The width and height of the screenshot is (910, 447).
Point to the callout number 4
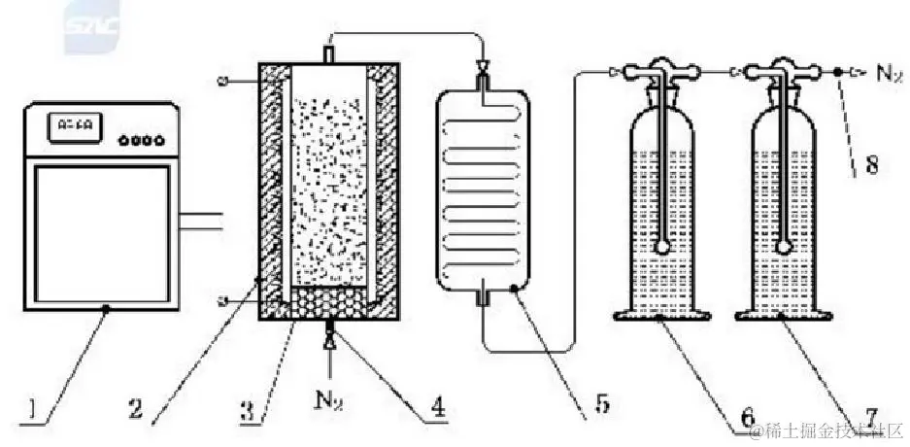click(x=438, y=409)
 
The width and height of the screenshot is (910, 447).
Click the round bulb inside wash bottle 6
click(x=662, y=249)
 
